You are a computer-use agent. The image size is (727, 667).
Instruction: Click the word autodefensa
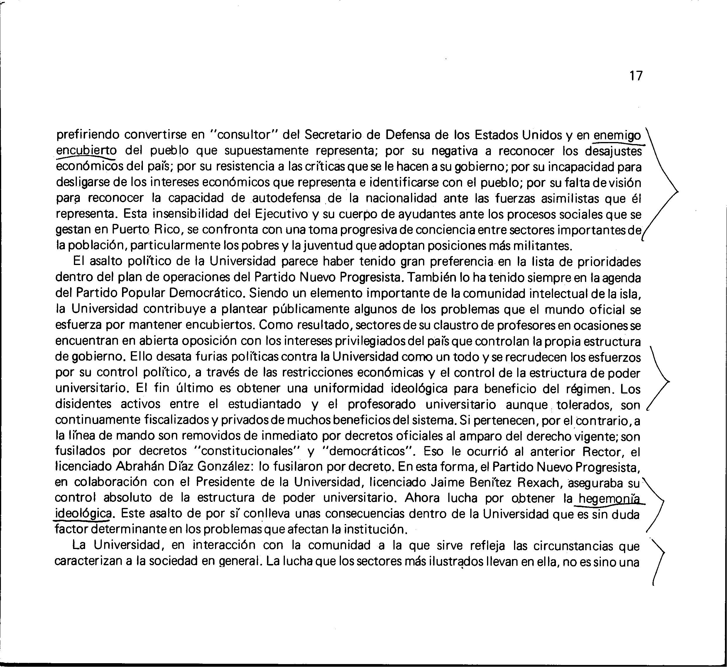(286, 198)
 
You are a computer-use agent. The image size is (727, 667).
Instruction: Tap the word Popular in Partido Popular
(143, 293)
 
